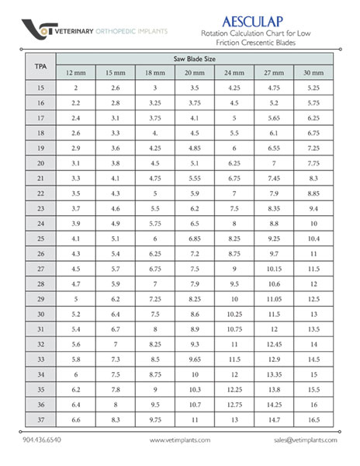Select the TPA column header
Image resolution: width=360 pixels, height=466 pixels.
click(x=40, y=66)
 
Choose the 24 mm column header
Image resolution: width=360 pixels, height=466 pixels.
click(x=234, y=73)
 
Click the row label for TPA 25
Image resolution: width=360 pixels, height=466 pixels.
click(x=40, y=238)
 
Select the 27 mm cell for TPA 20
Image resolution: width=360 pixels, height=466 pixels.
click(x=274, y=163)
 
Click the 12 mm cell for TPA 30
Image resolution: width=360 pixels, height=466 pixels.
click(x=76, y=314)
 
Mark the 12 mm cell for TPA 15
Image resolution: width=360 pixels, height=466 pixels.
click(x=76, y=88)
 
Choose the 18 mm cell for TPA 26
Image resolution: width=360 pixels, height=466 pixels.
click(x=155, y=253)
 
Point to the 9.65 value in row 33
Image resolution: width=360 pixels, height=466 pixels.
click(x=194, y=359)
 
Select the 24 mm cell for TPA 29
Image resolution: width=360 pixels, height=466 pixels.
click(x=234, y=299)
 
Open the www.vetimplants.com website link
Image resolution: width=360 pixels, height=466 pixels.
click(x=180, y=440)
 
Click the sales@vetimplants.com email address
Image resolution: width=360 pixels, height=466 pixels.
click(x=305, y=440)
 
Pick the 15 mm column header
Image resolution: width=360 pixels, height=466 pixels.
click(x=116, y=73)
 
